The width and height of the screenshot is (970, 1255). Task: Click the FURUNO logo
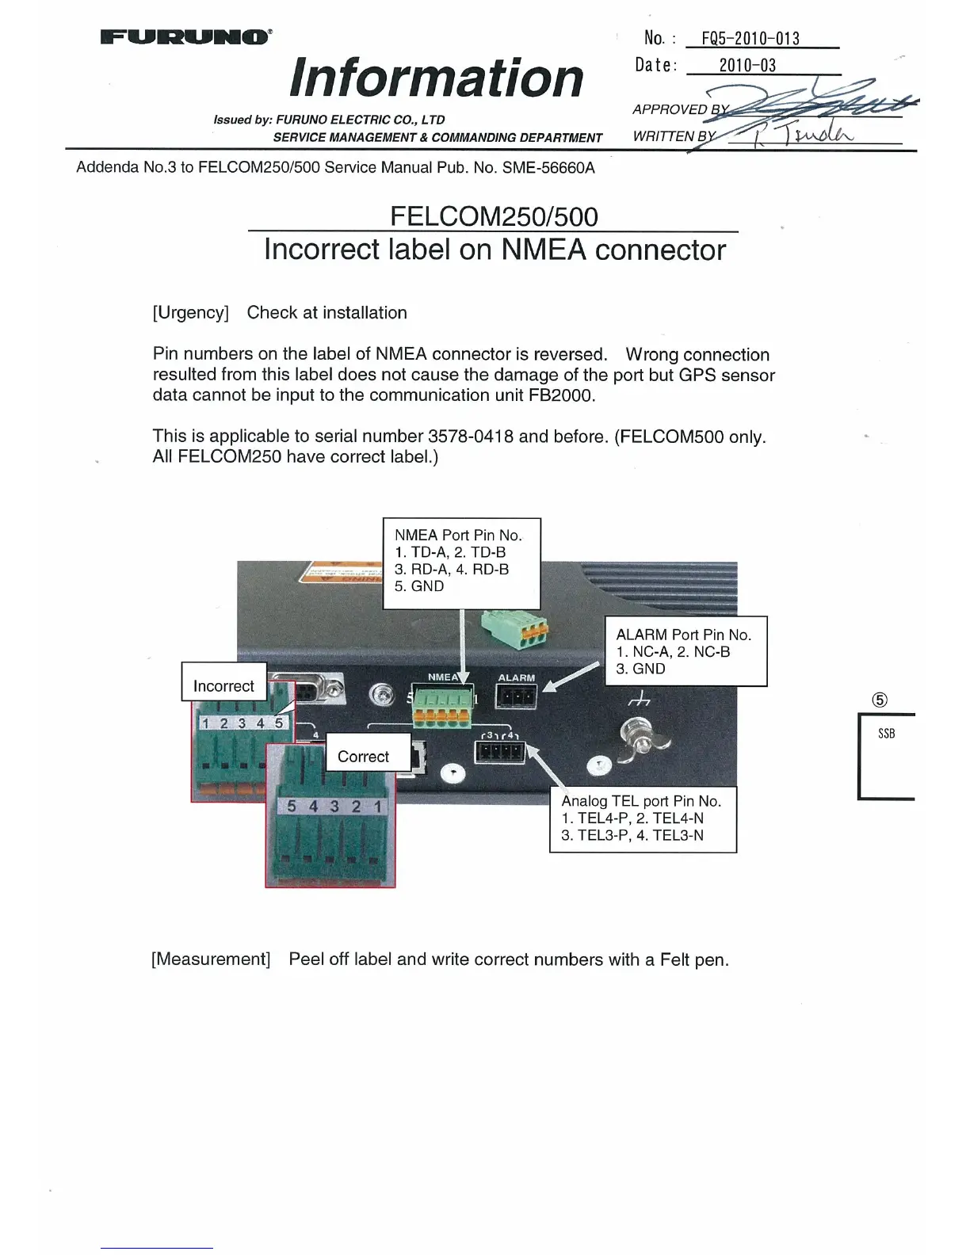tap(186, 36)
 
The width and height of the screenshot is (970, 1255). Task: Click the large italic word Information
tap(437, 78)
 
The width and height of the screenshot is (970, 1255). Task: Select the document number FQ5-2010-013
tap(750, 39)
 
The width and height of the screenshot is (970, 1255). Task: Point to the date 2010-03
tap(747, 66)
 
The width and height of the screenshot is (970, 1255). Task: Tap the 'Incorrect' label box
tap(223, 686)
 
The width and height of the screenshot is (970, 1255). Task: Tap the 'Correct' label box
tap(363, 757)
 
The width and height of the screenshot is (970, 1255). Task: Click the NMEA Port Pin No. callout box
tap(461, 563)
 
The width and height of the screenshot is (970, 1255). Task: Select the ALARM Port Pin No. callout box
tap(685, 651)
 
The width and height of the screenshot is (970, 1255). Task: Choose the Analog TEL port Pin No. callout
tap(642, 818)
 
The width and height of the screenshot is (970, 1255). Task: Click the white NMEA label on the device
tap(442, 677)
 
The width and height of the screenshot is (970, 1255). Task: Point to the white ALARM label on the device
tap(516, 678)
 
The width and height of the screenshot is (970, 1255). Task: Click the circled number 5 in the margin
tap(880, 700)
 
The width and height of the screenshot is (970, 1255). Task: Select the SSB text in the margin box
tap(886, 734)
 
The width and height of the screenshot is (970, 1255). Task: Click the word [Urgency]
tap(190, 313)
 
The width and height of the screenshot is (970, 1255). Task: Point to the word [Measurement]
tap(211, 959)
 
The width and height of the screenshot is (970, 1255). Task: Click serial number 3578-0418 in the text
tap(471, 437)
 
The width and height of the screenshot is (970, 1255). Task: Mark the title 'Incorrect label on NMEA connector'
tap(495, 250)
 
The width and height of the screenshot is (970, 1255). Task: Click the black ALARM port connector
tap(516, 698)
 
